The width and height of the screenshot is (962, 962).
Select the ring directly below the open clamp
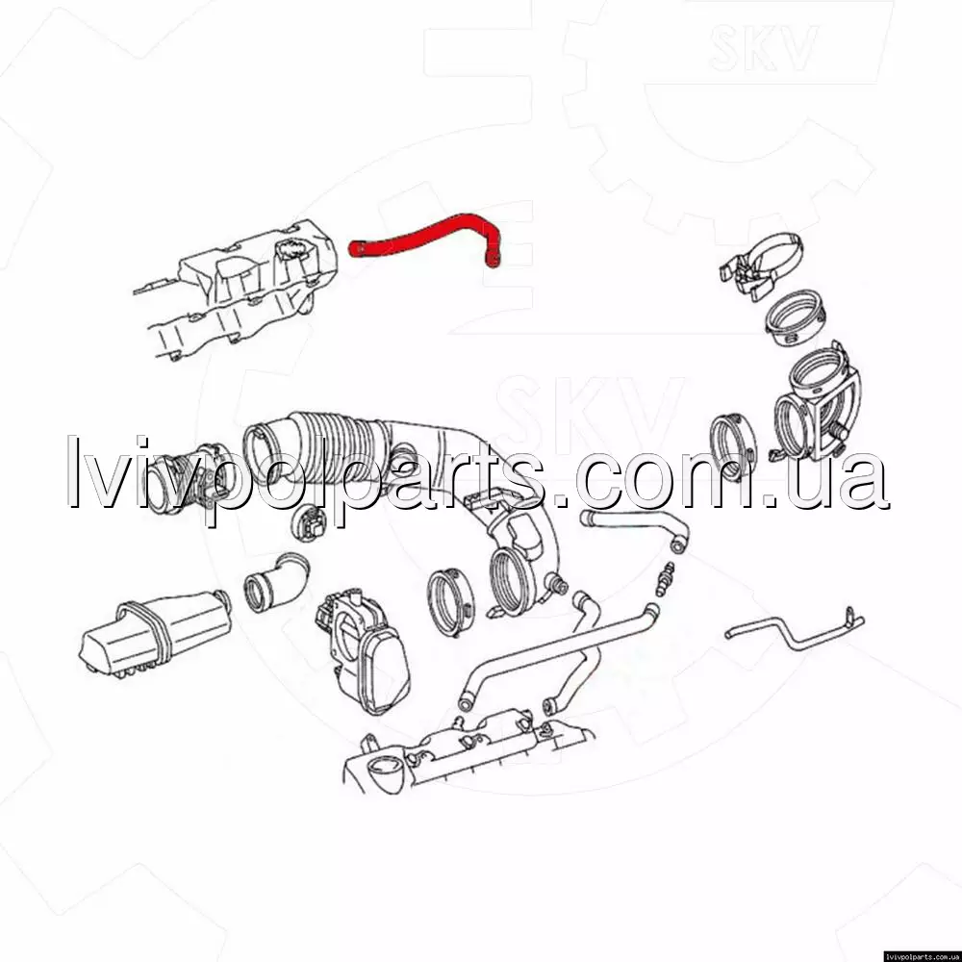coord(796,318)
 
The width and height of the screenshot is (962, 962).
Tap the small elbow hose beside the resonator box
coord(276,583)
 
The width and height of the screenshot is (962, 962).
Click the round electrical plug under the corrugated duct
coord(309,522)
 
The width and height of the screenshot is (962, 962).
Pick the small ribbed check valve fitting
coord(665,578)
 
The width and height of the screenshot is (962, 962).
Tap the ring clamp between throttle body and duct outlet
coord(450,602)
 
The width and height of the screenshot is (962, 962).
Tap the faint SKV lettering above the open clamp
coord(763,47)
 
